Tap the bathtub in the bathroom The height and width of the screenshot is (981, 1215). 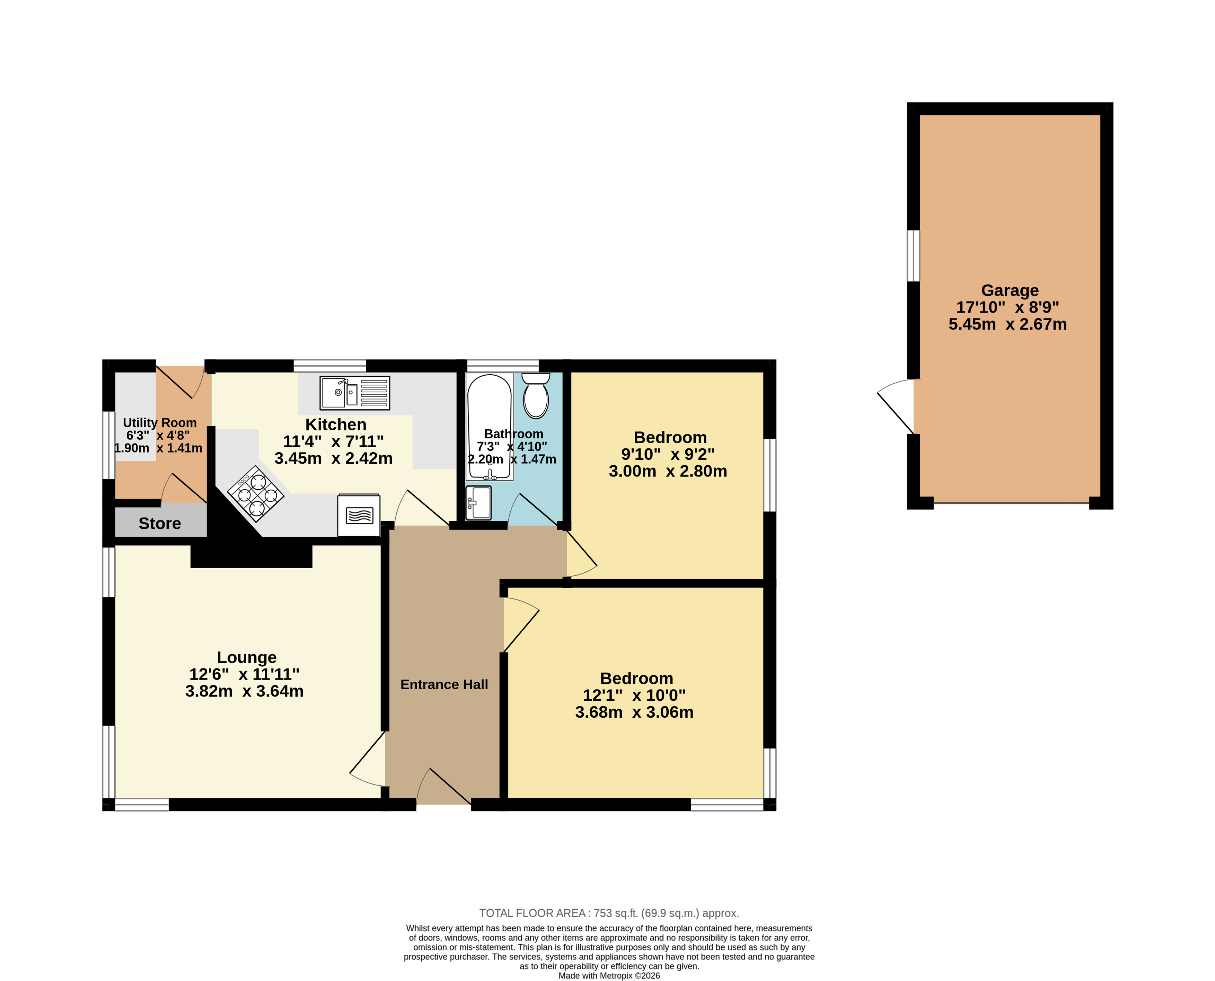tap(489, 427)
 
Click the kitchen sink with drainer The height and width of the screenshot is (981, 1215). tap(355, 393)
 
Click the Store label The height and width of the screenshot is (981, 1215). tap(160, 523)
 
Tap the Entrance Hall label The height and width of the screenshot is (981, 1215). tap(444, 684)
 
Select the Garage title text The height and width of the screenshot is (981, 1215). tap(1010, 290)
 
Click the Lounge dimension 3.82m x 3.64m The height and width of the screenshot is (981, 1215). tap(245, 691)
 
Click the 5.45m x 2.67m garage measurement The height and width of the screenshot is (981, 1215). tap(1008, 324)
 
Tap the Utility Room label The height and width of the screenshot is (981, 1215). tap(160, 423)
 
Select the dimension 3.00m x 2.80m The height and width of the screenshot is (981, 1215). tap(668, 471)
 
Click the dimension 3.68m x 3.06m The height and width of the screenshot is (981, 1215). tap(634, 712)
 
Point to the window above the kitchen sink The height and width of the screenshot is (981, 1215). tap(330, 366)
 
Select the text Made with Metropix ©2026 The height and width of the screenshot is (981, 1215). tap(609, 975)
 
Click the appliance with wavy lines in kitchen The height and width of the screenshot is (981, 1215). tap(359, 515)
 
